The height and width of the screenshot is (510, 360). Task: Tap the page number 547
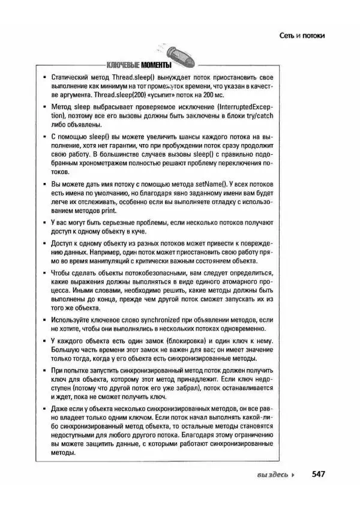(x=318, y=474)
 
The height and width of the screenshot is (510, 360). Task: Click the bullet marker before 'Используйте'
(x=46, y=321)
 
